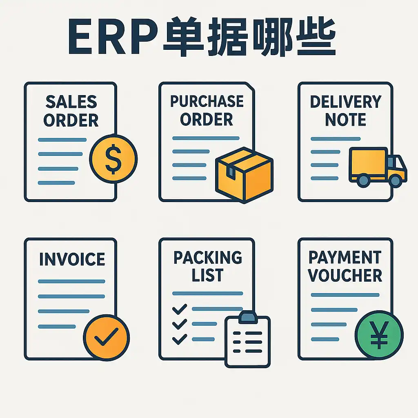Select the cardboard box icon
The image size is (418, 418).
point(244,174)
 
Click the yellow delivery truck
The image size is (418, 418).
point(378,167)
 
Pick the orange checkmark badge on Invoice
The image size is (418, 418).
point(106,338)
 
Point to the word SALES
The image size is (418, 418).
point(71,102)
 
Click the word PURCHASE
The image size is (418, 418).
point(207,101)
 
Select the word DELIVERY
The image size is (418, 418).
point(345,102)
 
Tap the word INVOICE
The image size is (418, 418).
point(72,260)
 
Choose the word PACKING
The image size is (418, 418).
point(207,258)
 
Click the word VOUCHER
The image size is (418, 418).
point(345,276)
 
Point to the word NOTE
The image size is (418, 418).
point(345,120)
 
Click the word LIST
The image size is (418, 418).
point(207,276)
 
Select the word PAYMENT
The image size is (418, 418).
point(345,258)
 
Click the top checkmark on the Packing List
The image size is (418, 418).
point(179,309)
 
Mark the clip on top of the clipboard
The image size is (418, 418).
point(248,316)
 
